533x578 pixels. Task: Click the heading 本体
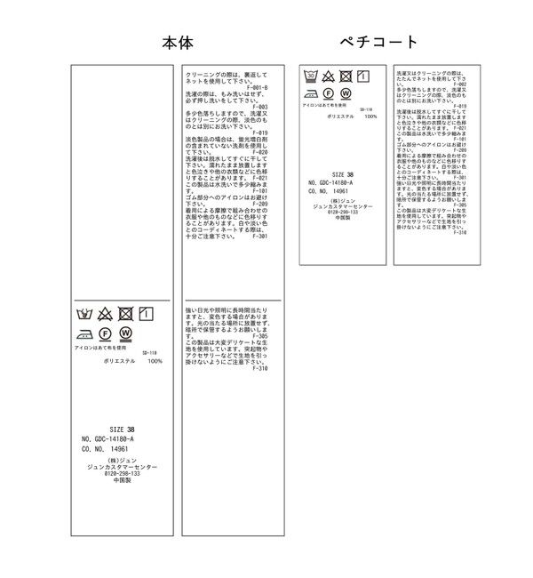pos(178,43)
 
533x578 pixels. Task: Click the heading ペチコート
pos(378,42)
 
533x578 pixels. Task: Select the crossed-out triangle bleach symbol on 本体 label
pos(105,313)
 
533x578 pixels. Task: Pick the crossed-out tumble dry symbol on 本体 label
pos(125,313)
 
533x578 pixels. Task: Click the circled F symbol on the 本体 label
pos(105,333)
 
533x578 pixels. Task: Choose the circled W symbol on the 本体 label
pos(125,333)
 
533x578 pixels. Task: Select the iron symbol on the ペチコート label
pos(311,92)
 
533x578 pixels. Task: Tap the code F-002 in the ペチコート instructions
pos(459,84)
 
